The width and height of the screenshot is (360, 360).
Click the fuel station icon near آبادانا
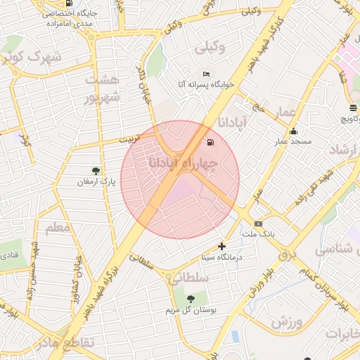point(210,143)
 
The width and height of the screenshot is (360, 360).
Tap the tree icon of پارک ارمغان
point(96,170)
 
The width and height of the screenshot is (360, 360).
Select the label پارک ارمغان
point(97,182)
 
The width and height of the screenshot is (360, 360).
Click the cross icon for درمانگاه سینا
point(222,246)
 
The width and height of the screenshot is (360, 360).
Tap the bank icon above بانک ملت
point(258,223)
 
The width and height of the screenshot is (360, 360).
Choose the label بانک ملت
point(257,233)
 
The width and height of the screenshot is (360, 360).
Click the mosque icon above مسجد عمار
point(292,131)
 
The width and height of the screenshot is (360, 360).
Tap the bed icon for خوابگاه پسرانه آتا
point(205,75)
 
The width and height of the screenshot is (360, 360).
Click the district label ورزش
point(285,322)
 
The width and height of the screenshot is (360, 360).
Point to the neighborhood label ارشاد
point(345,149)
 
